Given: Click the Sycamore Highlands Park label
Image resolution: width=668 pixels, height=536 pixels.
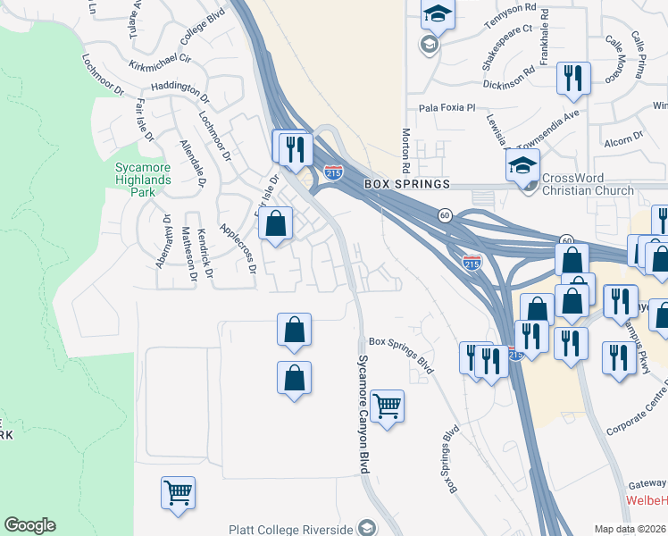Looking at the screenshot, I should pyautogui.click(x=142, y=179).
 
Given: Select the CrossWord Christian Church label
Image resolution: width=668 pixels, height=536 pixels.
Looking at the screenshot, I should pyautogui.click(x=588, y=184).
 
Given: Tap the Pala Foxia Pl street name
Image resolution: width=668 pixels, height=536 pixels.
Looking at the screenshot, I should pyautogui.click(x=444, y=108).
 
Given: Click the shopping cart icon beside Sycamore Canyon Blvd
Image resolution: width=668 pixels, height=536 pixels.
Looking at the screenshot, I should pyautogui.click(x=387, y=406).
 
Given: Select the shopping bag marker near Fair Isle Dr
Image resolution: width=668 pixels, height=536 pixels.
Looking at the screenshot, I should pyautogui.click(x=277, y=222).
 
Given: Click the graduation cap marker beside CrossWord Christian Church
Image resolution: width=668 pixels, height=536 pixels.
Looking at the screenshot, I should pyautogui.click(x=522, y=164).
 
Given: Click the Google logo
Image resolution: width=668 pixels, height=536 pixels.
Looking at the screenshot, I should pyautogui.click(x=29, y=525).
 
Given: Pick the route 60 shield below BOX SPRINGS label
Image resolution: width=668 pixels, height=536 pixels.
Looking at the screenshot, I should pyautogui.click(x=444, y=215).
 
